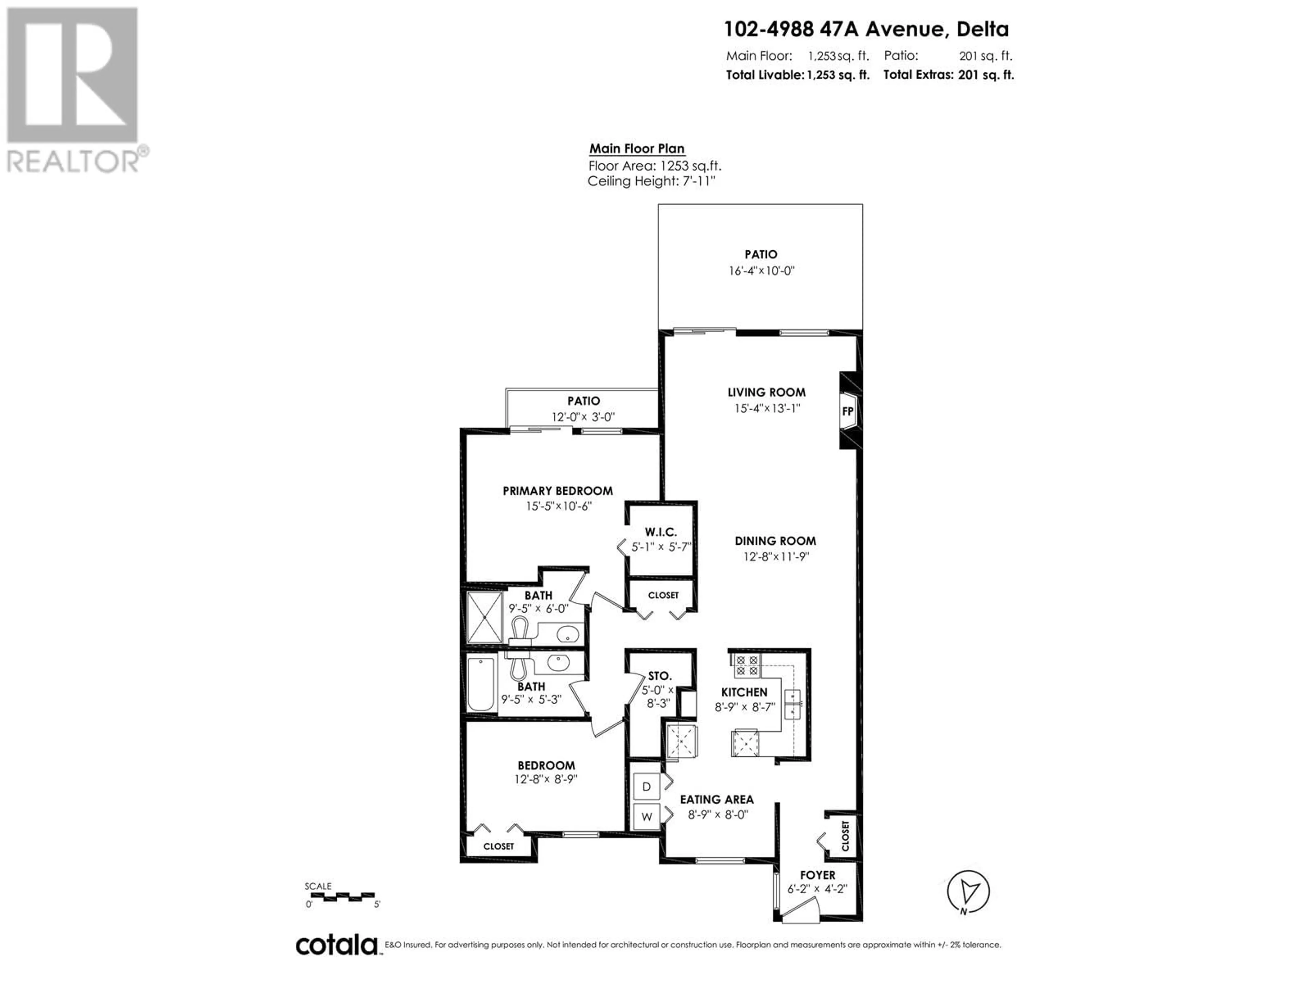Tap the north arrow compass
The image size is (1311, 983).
point(968,891)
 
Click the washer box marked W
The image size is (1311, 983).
point(647,816)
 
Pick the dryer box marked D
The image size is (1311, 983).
point(647,786)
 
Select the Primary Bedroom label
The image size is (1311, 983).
point(558,490)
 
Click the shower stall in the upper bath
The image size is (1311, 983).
point(485,617)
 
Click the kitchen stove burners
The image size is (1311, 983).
point(746,666)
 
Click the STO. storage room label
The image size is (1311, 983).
point(660,676)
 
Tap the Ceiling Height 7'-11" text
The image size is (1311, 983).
point(651,181)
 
